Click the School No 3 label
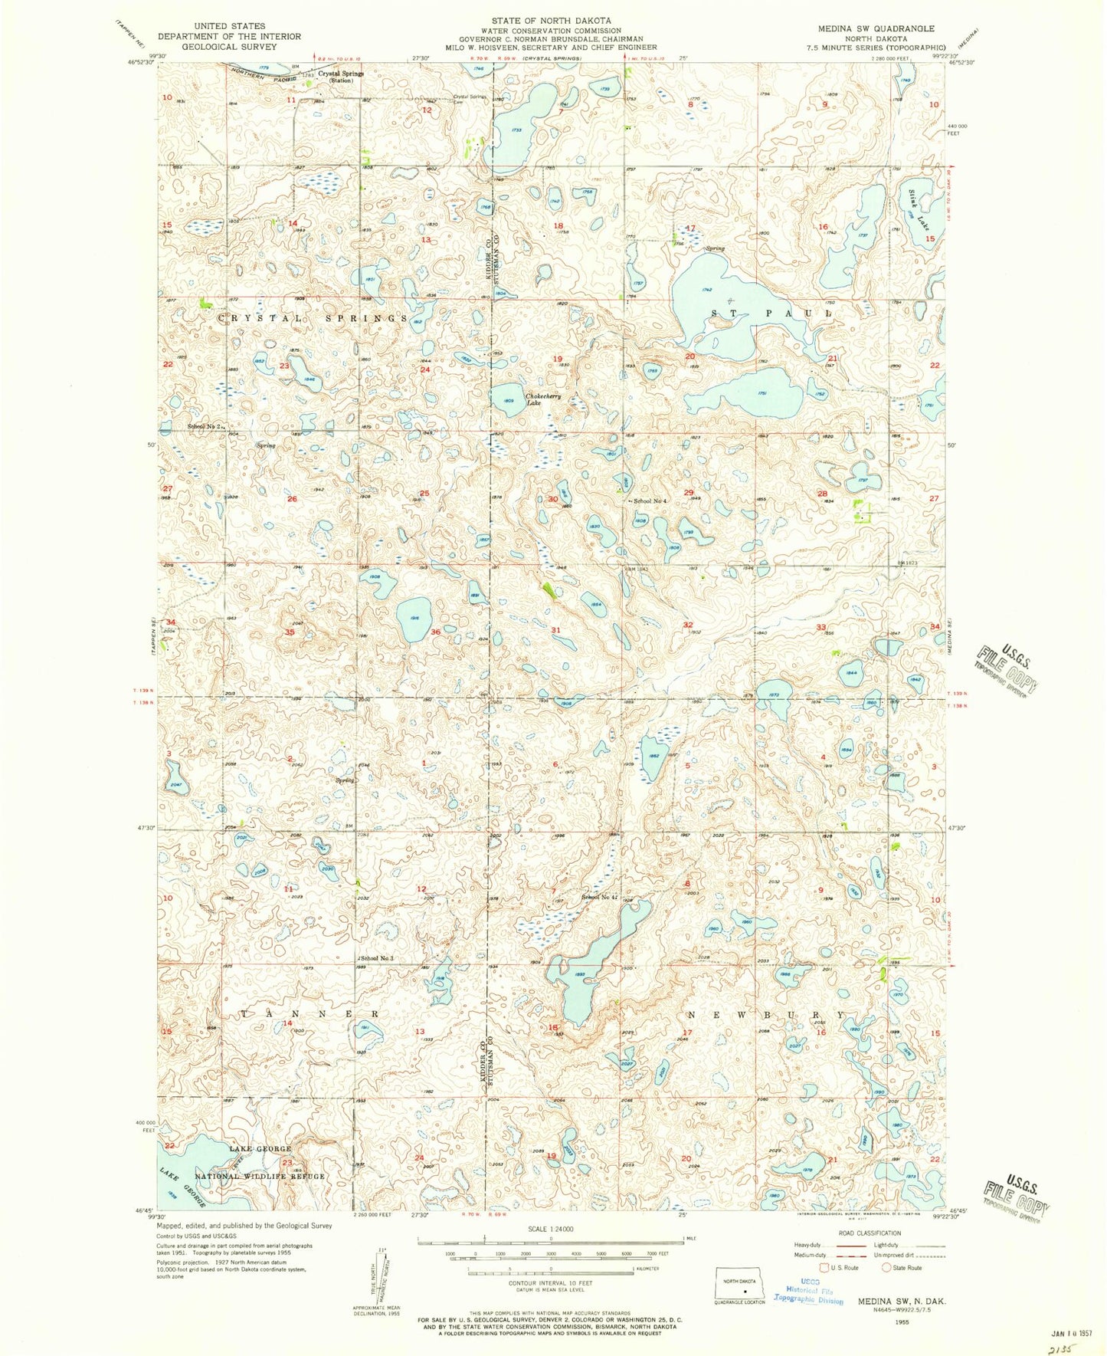click(376, 959)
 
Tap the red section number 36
click(435, 632)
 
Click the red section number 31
click(555, 630)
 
